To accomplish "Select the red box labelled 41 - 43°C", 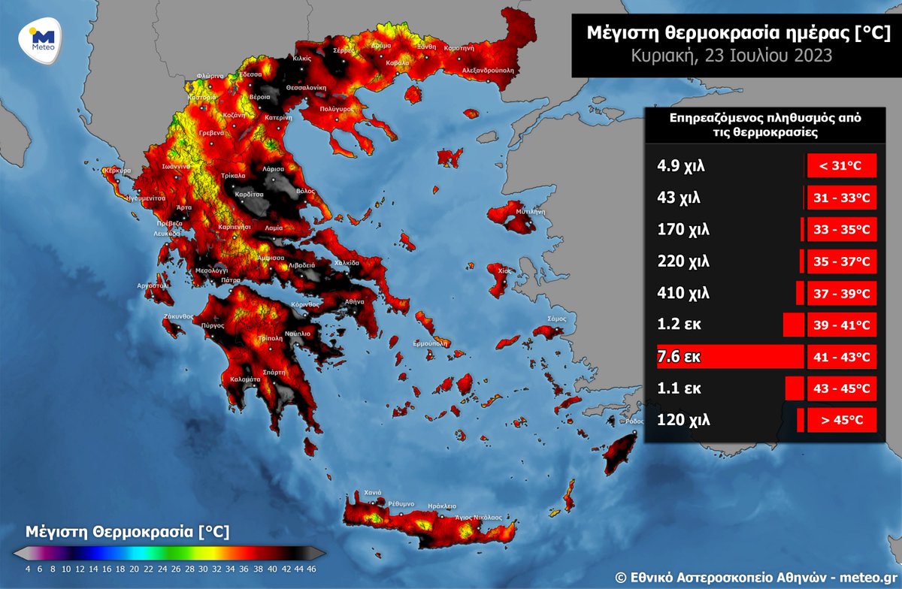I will click(842, 356).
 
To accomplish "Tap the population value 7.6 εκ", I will click(679, 356).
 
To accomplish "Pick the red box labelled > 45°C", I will click(842, 421).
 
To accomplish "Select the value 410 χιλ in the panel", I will click(683, 293).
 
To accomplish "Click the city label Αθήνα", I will click(354, 301).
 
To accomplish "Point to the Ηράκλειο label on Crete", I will click(441, 506).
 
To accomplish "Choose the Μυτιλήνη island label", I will click(529, 213).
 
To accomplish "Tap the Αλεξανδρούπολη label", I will click(482, 68).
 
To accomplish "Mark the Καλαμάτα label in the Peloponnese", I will click(245, 380).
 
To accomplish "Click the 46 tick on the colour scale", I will click(311, 568).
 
